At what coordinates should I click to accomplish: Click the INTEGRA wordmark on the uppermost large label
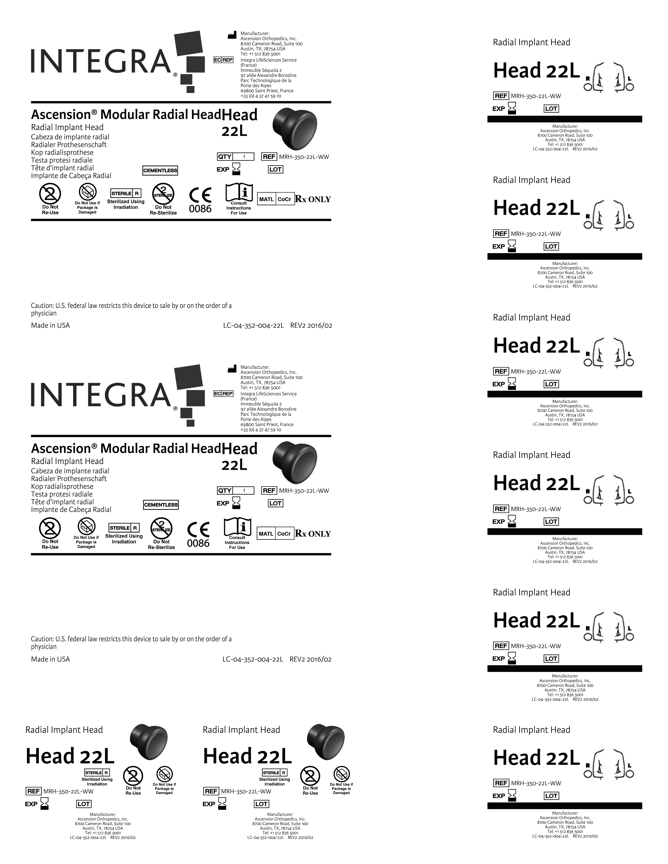click(101, 61)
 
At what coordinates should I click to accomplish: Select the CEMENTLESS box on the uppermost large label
click(160, 170)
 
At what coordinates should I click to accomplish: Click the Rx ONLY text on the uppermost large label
click(313, 199)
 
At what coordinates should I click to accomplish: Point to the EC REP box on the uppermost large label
click(223, 60)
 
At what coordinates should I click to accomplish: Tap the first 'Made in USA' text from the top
click(50, 325)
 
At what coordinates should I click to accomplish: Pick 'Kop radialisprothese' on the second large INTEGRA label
click(62, 486)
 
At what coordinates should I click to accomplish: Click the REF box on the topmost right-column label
click(501, 96)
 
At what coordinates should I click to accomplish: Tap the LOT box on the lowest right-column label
click(551, 796)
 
